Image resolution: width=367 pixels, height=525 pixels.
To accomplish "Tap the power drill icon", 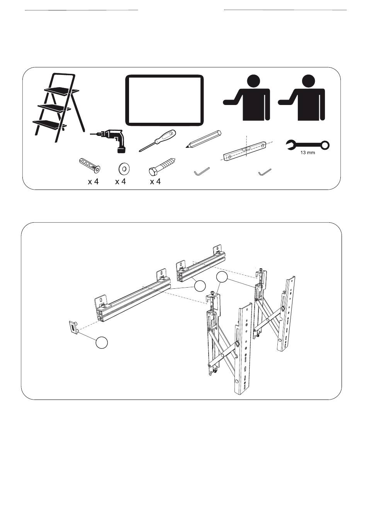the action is point(110,140).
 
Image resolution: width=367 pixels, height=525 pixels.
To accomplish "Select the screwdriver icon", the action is point(157,141).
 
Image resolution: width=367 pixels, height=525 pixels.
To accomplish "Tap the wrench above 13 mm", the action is point(308,145).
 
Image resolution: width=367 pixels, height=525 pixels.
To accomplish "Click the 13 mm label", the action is point(308,153).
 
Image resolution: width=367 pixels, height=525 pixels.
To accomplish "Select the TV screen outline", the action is point(165,100).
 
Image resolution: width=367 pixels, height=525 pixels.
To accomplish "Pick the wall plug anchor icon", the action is point(89,166).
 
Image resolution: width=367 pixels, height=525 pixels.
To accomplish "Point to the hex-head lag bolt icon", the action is point(162,167).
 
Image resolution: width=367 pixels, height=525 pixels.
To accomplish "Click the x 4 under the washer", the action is point(121,182).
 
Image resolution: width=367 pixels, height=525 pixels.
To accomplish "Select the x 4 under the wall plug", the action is point(93,182).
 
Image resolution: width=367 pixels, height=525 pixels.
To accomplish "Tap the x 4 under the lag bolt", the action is point(155,182).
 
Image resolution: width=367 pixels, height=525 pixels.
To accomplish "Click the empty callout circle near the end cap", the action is point(102,343).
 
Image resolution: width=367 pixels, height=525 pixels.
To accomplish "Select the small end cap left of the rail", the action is point(74,327).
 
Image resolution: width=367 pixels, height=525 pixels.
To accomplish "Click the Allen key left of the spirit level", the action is point(201,171).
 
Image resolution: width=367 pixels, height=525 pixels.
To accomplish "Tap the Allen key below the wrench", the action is point(265,172).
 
